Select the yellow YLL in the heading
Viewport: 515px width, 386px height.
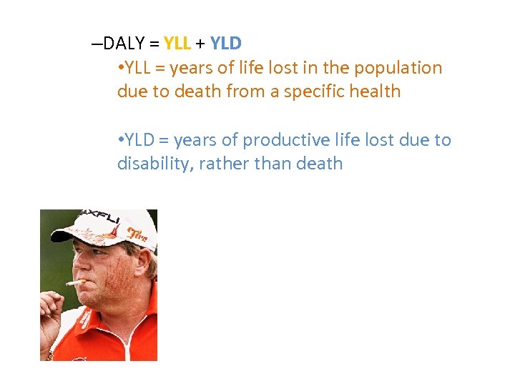point(177,43)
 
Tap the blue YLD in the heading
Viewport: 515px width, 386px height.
point(226,43)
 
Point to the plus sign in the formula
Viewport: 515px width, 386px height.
point(200,44)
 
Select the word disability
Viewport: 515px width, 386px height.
point(154,164)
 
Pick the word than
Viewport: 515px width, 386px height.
point(269,164)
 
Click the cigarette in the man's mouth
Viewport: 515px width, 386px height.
point(74,282)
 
